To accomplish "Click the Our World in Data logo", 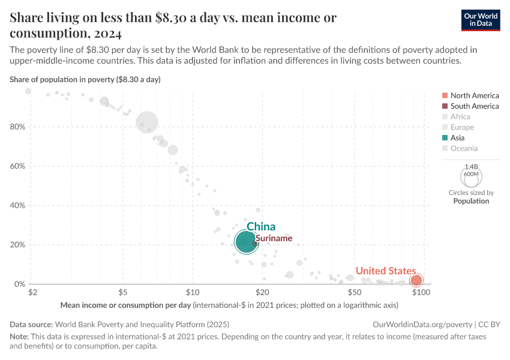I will point(481,20).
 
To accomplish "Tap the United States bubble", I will point(416,280).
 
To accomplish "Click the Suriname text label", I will point(274,238).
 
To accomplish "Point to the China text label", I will point(261,226).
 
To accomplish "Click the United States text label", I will point(385,271).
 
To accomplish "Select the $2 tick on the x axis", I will point(32,292).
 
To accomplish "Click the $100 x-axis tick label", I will point(421,292).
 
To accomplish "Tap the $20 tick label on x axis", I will point(261,292).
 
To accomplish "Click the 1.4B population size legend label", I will point(471,167).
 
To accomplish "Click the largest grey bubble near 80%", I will point(147,122).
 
